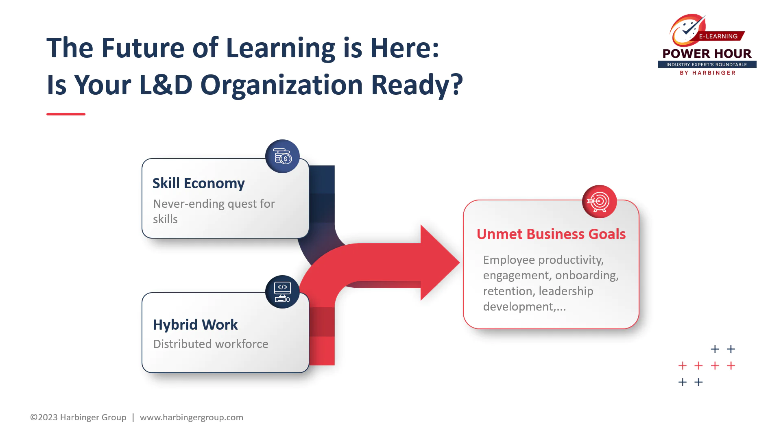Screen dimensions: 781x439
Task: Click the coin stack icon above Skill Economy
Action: (x=282, y=156)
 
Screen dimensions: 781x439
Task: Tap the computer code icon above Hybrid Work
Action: (x=282, y=292)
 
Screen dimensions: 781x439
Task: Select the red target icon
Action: (x=599, y=202)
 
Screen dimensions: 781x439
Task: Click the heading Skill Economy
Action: (x=199, y=183)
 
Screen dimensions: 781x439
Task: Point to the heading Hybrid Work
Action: (x=195, y=325)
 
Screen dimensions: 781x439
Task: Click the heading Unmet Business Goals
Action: (x=551, y=234)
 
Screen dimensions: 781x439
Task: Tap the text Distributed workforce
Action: (x=211, y=344)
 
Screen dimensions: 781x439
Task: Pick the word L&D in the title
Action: (x=166, y=85)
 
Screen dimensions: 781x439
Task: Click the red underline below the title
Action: (x=66, y=114)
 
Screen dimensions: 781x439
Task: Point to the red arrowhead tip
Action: (x=459, y=263)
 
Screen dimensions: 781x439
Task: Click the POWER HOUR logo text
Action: (x=707, y=54)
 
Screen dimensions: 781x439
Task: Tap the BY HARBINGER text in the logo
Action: (x=708, y=73)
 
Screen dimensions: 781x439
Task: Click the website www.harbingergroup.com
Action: (x=192, y=417)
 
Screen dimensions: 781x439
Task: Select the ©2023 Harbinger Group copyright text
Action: (x=78, y=417)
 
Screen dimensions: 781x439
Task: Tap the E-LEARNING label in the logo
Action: (x=718, y=36)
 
